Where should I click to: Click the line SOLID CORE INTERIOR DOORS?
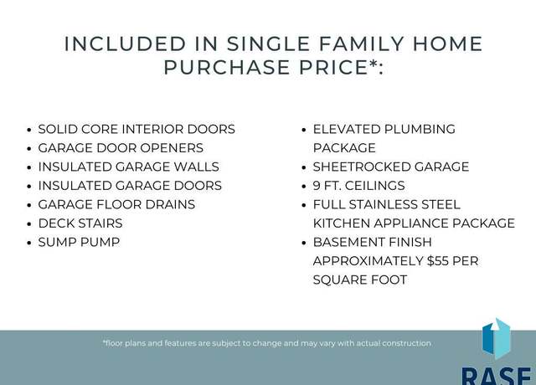click(x=137, y=129)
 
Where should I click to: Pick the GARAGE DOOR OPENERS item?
click(x=121, y=148)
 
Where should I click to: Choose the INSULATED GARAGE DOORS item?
click(x=130, y=186)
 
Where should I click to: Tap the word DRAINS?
click(x=170, y=204)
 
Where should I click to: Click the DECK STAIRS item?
click(x=80, y=223)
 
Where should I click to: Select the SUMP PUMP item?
click(x=79, y=242)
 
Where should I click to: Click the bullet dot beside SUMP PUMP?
click(x=29, y=243)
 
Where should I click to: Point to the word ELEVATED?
click(x=347, y=129)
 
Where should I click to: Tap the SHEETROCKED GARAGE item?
click(x=391, y=167)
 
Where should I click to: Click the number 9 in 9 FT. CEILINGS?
click(x=317, y=186)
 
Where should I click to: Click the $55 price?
click(x=438, y=260)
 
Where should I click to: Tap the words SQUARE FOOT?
click(x=360, y=280)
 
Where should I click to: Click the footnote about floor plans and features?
click(x=267, y=343)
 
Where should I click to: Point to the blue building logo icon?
click(x=497, y=338)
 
